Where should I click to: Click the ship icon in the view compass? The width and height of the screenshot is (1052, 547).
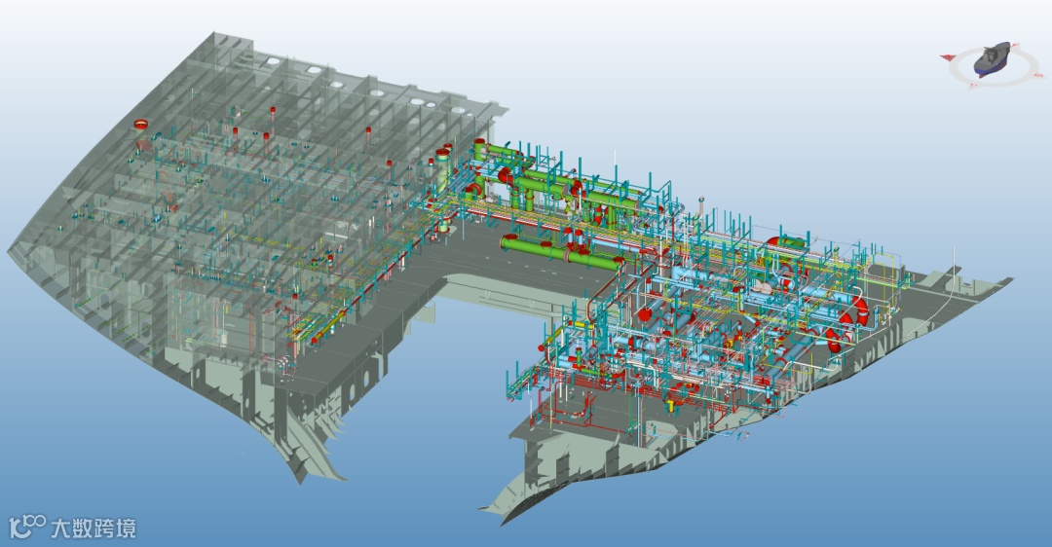pyautogui.click(x=992, y=58)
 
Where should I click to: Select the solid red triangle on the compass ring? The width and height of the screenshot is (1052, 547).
pyautogui.click(x=948, y=57)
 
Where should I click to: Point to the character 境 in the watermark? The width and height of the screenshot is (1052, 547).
pyautogui.click(x=126, y=529)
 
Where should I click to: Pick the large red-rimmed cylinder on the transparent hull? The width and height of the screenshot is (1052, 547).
pyautogui.click(x=141, y=126)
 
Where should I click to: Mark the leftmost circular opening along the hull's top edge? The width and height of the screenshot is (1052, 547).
pyautogui.click(x=272, y=61)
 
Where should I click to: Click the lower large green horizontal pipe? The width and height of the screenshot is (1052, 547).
pyautogui.click(x=562, y=252)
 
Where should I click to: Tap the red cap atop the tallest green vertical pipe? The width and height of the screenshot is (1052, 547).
pyautogui.click(x=479, y=143)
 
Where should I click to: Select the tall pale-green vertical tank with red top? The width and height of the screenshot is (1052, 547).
pyautogui.click(x=443, y=190)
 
